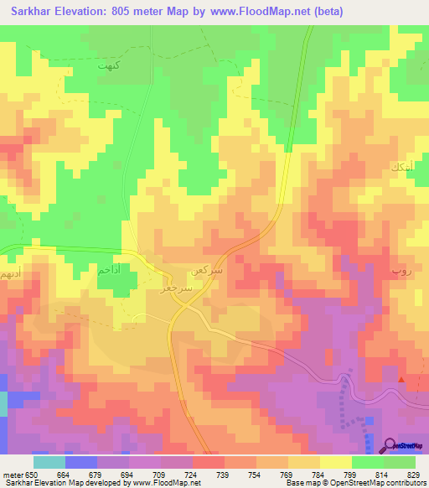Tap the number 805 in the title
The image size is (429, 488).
[x=121, y=12]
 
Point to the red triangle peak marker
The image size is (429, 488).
[x=401, y=380]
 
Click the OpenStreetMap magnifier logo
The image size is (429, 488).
[x=390, y=444]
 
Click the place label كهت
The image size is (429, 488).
[x=109, y=65]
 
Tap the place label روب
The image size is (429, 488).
[x=398, y=272]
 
